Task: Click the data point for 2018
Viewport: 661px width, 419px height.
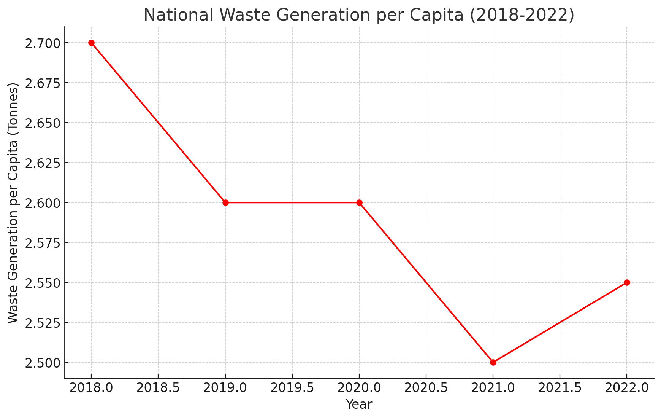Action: pyautogui.click(x=91, y=43)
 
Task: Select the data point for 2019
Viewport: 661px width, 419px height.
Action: pyautogui.click(x=225, y=202)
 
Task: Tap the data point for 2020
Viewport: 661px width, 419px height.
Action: pyautogui.click(x=359, y=202)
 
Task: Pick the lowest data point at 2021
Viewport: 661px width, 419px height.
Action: pyautogui.click(x=493, y=362)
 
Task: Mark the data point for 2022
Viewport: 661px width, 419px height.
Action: pyautogui.click(x=627, y=282)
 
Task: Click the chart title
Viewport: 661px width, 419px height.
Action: pyautogui.click(x=359, y=15)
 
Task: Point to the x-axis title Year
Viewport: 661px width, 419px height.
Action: pyautogui.click(x=359, y=405)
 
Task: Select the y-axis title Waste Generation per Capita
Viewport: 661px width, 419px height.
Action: pyautogui.click(x=13, y=203)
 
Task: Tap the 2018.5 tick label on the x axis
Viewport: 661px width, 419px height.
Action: pyautogui.click(x=158, y=389)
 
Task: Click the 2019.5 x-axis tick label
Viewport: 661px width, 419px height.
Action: pyautogui.click(x=292, y=389)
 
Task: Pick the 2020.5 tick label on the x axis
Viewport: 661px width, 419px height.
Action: pyautogui.click(x=426, y=389)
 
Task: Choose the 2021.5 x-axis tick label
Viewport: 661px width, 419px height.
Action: pyautogui.click(x=560, y=389)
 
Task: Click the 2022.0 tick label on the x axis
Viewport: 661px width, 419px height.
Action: pyautogui.click(x=627, y=389)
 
